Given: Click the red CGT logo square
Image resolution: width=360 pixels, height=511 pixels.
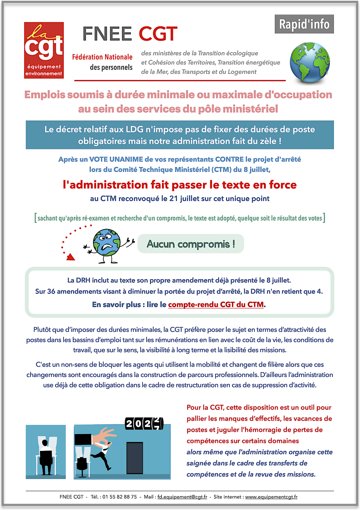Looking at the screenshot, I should [x=44, y=50].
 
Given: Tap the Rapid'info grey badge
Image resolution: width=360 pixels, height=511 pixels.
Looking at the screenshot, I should [x=304, y=24].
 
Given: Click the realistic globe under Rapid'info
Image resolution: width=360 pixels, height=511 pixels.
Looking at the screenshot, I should [x=309, y=63].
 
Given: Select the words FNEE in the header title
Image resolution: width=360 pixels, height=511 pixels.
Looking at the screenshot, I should [x=107, y=34].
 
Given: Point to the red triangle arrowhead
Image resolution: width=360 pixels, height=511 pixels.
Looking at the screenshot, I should [x=70, y=257].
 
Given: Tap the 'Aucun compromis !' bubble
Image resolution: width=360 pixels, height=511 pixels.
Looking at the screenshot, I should [x=191, y=244].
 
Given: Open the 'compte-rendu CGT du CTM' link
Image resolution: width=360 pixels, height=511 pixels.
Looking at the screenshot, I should [x=216, y=305].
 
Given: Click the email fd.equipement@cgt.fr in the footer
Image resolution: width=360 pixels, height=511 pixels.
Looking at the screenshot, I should [x=182, y=497].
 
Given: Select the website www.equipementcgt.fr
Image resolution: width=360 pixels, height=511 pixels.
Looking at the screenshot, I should [x=271, y=497].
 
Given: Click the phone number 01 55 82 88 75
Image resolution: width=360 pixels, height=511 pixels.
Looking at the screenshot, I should [x=119, y=497].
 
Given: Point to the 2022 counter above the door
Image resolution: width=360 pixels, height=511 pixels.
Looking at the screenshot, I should [x=144, y=424].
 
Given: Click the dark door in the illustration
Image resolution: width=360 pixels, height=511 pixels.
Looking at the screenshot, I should [x=134, y=457].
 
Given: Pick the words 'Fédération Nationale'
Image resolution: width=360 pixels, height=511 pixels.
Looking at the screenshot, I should [x=102, y=57].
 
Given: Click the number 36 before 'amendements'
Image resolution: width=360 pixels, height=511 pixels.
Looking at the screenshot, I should [x=51, y=292].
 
